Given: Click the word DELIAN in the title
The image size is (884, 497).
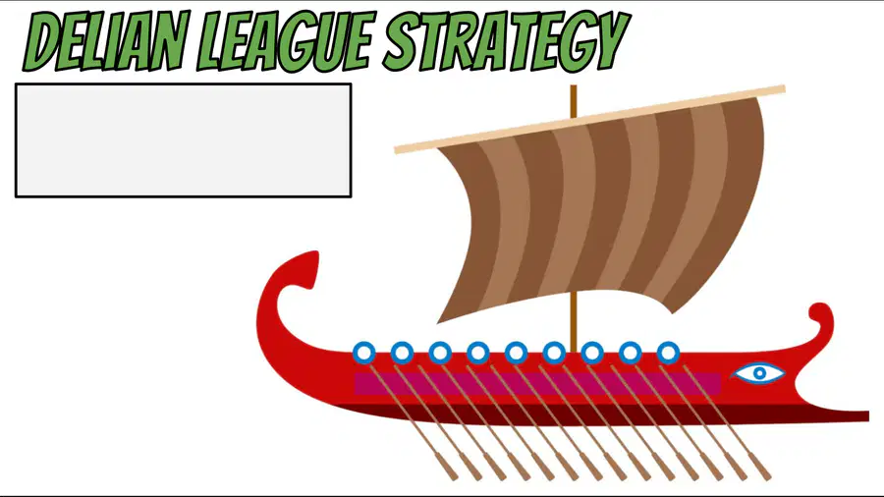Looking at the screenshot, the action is [104, 40].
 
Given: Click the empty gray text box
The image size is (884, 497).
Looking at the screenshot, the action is [184, 140].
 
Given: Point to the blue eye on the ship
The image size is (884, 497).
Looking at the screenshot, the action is [758, 372].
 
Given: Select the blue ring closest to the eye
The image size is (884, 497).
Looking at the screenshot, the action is [668, 353].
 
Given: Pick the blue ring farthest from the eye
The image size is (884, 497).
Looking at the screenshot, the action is [364, 353].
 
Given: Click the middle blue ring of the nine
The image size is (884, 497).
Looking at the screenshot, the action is [516, 353].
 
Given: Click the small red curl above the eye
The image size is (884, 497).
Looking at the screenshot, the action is [821, 315].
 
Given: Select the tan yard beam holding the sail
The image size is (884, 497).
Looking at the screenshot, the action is [589, 119].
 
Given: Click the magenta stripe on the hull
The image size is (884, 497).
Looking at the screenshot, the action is [537, 383].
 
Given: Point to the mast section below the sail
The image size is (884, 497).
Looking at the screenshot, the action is [574, 321].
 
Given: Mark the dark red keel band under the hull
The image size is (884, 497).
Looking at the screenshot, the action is [564, 415].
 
